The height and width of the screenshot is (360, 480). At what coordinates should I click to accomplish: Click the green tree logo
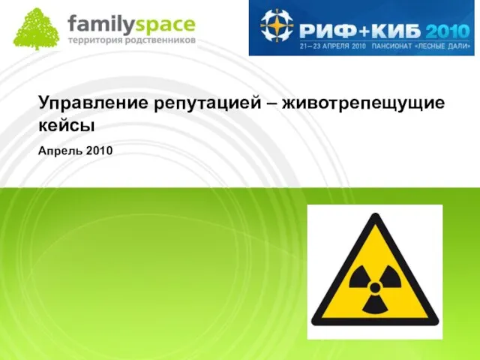[36, 29]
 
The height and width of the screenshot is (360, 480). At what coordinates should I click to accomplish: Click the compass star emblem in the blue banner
[277, 25]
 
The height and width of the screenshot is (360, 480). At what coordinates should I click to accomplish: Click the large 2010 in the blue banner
[447, 31]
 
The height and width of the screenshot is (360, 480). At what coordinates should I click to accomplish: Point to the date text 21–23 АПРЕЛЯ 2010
[333, 46]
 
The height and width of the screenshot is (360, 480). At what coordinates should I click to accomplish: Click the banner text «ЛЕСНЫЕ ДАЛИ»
[445, 46]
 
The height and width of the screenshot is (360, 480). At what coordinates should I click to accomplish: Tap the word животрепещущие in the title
[363, 103]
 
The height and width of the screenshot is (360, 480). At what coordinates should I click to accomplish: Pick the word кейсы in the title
[67, 126]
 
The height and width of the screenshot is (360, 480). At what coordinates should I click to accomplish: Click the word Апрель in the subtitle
[60, 151]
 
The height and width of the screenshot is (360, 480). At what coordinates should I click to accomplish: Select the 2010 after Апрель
[99, 151]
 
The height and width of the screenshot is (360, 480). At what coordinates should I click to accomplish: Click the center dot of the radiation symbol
[375, 287]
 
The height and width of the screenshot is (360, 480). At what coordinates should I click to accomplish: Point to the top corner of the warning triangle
[375, 214]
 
